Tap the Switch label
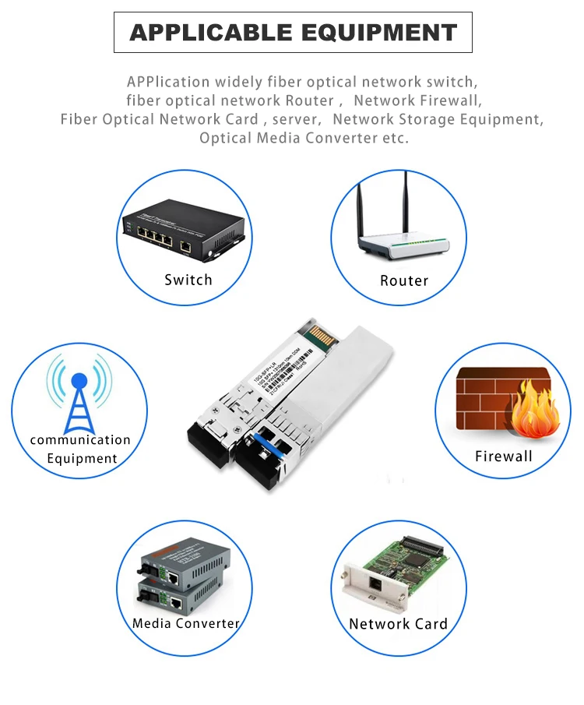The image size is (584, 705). point(188,280)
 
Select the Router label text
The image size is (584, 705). point(404,280)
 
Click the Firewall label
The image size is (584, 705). point(503,456)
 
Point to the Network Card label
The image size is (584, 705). point(398,623)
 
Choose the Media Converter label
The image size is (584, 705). point(185,623)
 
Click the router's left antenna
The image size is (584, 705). point(361,203)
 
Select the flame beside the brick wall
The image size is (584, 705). point(537,409)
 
